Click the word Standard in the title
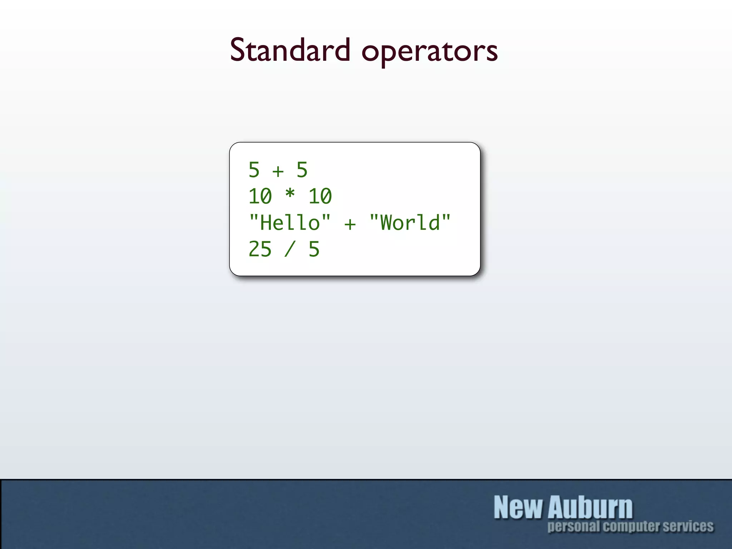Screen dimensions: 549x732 click(x=290, y=50)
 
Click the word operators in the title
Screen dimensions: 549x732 click(x=429, y=52)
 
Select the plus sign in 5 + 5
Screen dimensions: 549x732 click(x=278, y=171)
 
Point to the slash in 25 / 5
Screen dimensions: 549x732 click(x=290, y=249)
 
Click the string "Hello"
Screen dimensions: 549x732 click(x=290, y=222)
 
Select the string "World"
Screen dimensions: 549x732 click(x=410, y=222)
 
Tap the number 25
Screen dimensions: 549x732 click(x=260, y=249)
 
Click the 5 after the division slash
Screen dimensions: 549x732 click(x=314, y=249)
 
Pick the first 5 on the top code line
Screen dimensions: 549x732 click(x=254, y=170)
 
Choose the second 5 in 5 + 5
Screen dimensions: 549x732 click(x=302, y=170)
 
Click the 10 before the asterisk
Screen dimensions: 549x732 click(x=260, y=196)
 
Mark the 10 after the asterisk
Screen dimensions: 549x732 click(x=320, y=196)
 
